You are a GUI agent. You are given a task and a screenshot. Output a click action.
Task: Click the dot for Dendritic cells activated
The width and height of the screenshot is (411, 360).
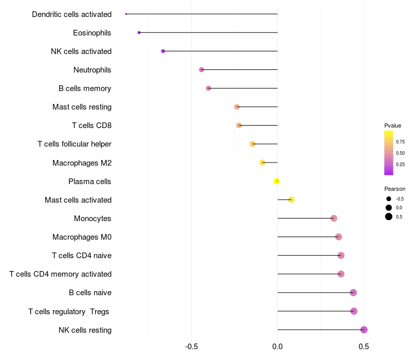pyautogui.click(x=126, y=14)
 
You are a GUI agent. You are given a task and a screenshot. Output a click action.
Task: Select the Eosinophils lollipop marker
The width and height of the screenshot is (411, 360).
pyautogui.click(x=139, y=32)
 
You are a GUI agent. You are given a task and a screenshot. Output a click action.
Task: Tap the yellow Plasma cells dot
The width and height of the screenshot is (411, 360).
pyautogui.click(x=277, y=181)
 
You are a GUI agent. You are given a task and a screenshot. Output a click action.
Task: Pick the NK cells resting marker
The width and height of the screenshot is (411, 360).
pyautogui.click(x=364, y=330)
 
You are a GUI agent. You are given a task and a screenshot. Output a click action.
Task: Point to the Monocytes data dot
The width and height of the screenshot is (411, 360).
pyautogui.click(x=334, y=219)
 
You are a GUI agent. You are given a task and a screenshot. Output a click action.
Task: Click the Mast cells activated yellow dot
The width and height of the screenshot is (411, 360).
pyautogui.click(x=291, y=200)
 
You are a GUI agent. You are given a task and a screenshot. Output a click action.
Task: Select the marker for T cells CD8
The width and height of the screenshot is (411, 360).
pyautogui.click(x=239, y=125)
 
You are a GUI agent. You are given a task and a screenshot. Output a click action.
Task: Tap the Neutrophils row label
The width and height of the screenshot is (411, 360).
pyautogui.click(x=92, y=70)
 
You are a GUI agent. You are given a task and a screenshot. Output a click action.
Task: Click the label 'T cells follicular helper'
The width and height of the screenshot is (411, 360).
pyautogui.click(x=74, y=144)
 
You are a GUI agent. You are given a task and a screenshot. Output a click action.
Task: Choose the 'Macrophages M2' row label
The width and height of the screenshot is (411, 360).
pyautogui.click(x=82, y=163)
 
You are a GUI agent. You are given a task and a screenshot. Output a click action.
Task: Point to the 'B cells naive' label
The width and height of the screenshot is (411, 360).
pyautogui.click(x=90, y=293)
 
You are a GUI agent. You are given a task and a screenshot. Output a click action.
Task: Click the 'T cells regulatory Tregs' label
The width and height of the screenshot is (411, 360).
pyautogui.click(x=69, y=311)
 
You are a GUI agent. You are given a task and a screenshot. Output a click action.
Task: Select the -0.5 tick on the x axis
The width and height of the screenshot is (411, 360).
pyautogui.click(x=192, y=347)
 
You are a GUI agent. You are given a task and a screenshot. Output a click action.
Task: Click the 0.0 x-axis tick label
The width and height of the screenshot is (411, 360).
pyautogui.click(x=277, y=347)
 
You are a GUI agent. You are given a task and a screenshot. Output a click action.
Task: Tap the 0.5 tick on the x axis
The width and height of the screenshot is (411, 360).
pyautogui.click(x=364, y=347)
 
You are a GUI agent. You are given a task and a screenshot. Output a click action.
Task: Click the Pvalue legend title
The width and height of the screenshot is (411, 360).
pyautogui.click(x=393, y=125)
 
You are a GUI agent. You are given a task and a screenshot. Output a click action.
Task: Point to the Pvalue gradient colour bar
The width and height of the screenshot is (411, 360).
pyautogui.click(x=389, y=153)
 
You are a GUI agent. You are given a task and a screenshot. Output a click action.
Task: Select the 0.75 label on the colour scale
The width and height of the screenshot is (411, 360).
pyautogui.click(x=401, y=141)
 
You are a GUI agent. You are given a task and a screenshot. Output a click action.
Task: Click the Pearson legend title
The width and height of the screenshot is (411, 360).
pyautogui.click(x=395, y=189)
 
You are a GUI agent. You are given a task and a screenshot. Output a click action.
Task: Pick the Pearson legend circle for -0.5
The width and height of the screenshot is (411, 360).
pyautogui.click(x=389, y=199)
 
